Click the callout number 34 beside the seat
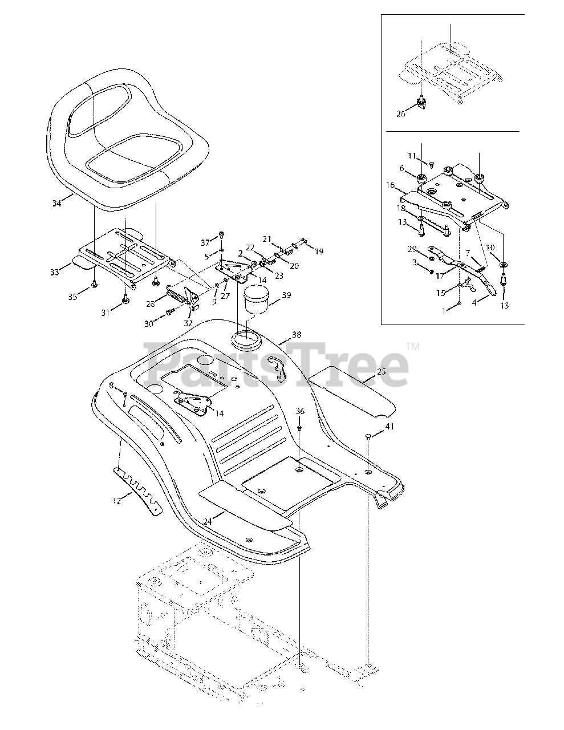pos(56,203)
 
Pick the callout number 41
pos(389,426)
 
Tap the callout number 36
pos(300,411)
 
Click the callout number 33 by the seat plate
pos(54,273)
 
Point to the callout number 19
pos(319,251)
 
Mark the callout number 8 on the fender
pos(111,385)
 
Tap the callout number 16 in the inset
pos(389,185)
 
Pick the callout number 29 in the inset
pos(412,250)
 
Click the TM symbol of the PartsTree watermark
pos(413,346)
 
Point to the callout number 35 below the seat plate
pos(71,297)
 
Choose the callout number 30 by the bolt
pos(149,323)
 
